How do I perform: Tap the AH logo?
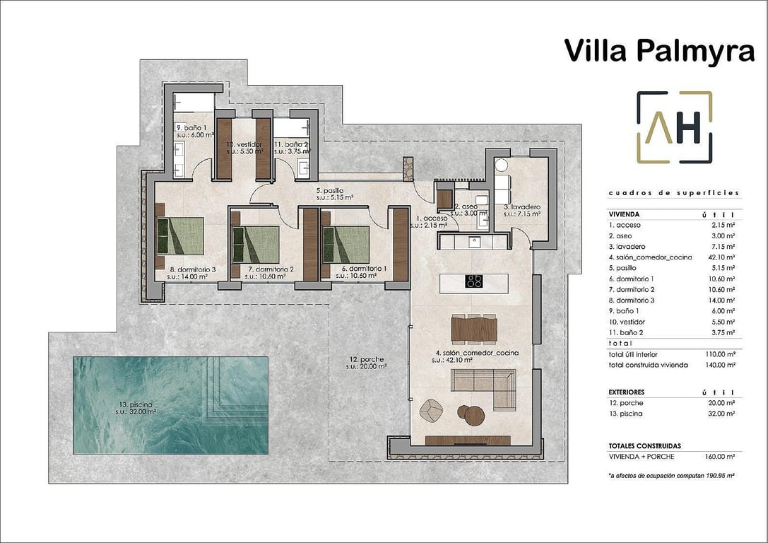(x=674, y=127)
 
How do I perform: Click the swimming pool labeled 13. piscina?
(x=170, y=405)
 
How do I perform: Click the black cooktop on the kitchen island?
(x=474, y=281)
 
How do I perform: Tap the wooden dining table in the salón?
(x=474, y=329)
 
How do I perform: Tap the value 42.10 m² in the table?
(x=721, y=257)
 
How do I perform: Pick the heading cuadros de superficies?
(x=673, y=192)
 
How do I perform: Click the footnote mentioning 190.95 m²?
(x=671, y=476)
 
